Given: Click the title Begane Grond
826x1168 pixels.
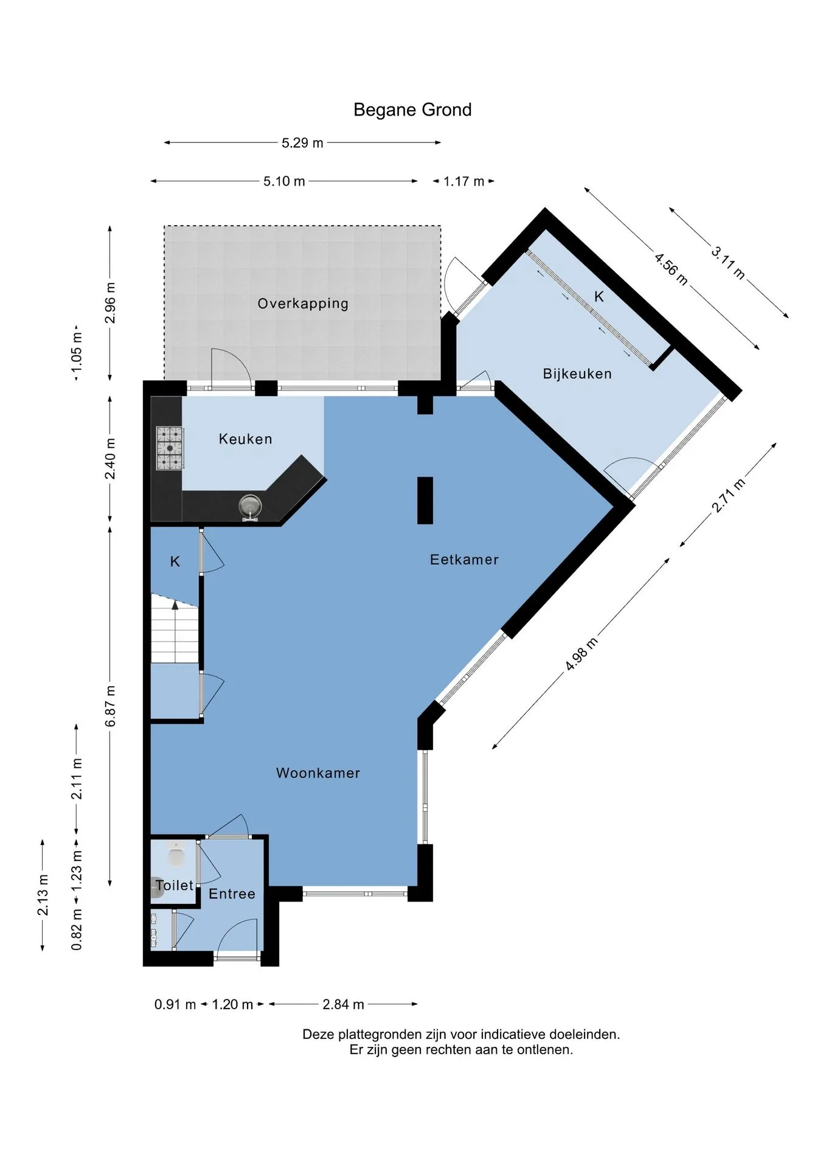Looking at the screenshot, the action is (412, 109).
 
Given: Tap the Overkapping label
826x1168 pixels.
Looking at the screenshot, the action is (303, 304).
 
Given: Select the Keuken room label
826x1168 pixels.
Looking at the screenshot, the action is (245, 439).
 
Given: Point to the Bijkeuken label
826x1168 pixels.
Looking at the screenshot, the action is (577, 374).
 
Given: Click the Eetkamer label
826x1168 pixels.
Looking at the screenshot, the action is (464, 560).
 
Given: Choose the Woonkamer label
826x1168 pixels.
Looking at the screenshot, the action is (318, 773).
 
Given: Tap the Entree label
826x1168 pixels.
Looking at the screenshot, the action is (232, 894).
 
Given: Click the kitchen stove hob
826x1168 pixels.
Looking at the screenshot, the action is (170, 448).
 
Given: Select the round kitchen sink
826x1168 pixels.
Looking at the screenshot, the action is (249, 506).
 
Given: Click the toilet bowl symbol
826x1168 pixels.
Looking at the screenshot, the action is (176, 854).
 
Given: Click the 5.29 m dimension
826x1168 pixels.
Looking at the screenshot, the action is (302, 143).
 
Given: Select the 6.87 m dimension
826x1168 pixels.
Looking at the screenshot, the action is (110, 706).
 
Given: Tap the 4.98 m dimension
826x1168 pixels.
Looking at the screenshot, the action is (581, 654).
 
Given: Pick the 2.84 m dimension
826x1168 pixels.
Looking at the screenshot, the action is (343, 1004).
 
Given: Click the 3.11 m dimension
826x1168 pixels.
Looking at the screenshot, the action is (729, 262).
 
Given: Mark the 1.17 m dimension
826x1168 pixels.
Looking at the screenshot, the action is (463, 181).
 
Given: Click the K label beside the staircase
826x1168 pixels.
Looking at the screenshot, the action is (175, 561).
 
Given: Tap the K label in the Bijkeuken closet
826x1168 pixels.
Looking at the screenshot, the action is (599, 296).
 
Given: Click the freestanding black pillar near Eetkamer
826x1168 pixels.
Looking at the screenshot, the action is (425, 500).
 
